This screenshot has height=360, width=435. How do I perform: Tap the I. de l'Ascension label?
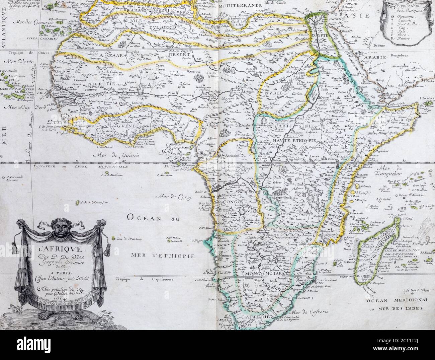pyautogui.click(x=94, y=203)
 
